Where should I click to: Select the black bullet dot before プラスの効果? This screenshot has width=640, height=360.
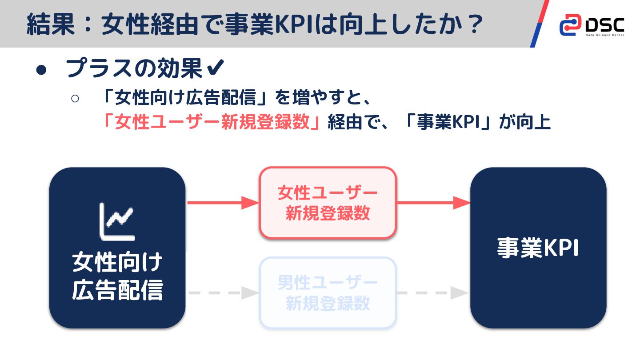click(x=41, y=70)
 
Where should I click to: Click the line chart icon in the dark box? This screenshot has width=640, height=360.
click(x=117, y=221)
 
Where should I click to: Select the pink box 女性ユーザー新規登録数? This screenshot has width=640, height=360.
click(x=328, y=203)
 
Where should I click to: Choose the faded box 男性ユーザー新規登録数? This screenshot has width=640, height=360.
click(x=328, y=292)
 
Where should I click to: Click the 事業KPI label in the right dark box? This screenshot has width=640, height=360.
click(x=538, y=248)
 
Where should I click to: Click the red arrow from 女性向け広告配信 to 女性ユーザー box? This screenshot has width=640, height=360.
click(x=222, y=203)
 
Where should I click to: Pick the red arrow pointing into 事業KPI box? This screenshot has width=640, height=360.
click(x=433, y=203)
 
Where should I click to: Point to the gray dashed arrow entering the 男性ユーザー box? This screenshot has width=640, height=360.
click(x=222, y=293)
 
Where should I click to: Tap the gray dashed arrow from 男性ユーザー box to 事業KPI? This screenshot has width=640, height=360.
click(x=433, y=293)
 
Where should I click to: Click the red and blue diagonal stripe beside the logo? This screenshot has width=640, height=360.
click(x=540, y=24)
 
